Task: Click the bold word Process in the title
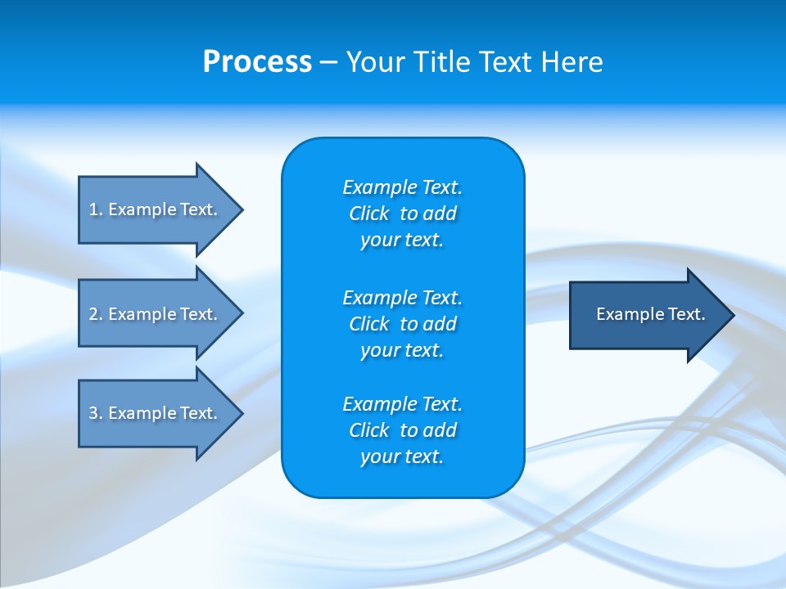pos(257,62)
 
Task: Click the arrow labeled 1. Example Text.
pos(156,209)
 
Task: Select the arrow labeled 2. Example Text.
pos(156,314)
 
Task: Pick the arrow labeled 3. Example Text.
pos(156,413)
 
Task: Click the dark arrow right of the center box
pos(647,315)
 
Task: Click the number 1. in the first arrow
pos(95,209)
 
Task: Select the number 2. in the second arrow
pos(95,314)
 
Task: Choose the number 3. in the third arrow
pos(95,413)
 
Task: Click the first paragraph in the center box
pos(402,214)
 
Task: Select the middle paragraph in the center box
pos(402,324)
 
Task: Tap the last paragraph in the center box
pos(402,430)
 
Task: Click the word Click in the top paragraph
pos(368,214)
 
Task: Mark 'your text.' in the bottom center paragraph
pos(402,456)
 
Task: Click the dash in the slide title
pos(328,62)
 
